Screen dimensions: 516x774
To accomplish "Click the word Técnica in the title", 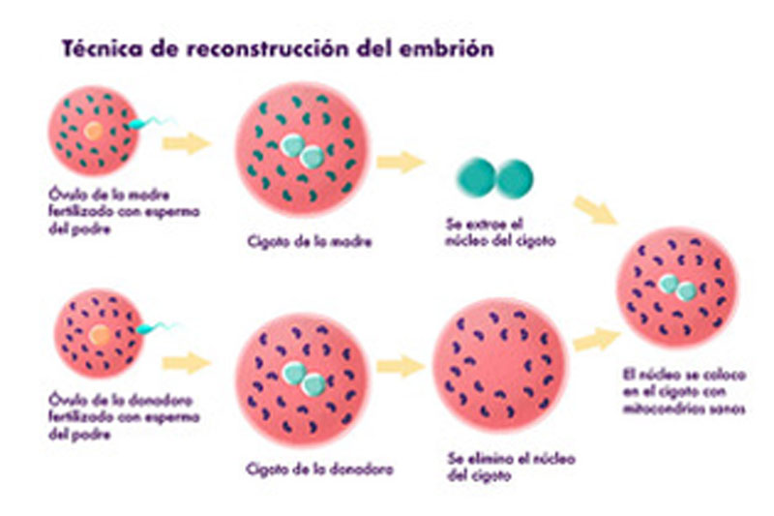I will [101, 48].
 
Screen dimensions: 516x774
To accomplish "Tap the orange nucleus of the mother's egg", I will [91, 129].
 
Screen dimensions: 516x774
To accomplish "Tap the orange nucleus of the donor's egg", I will [98, 336].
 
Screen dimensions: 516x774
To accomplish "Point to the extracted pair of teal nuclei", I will [495, 178].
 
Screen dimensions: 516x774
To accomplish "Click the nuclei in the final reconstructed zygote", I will [677, 288].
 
